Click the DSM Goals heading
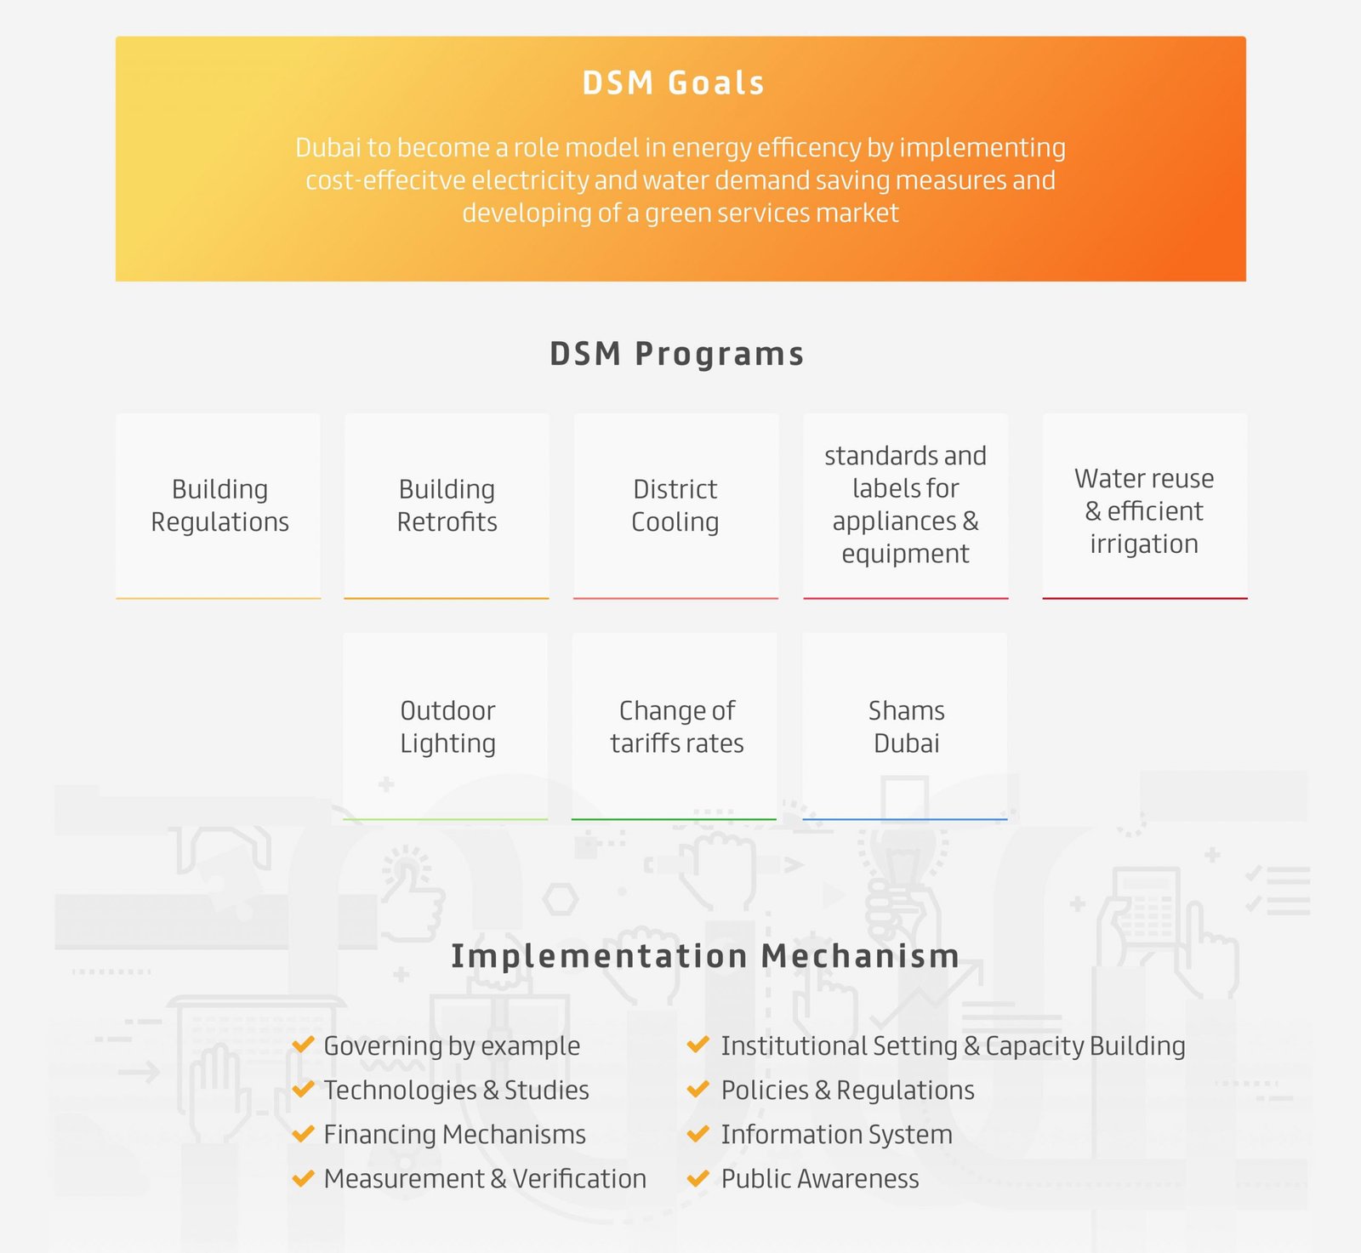tap(674, 83)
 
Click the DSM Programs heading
tap(677, 354)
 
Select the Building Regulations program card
tap(219, 506)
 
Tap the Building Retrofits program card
tap(447, 506)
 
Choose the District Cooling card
tap(676, 506)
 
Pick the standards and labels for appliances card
tap(906, 506)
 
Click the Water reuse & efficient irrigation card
tap(1145, 506)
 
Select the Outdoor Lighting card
tap(446, 726)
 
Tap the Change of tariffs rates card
tap(675, 726)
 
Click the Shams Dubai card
tap(905, 726)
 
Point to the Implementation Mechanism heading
tap(705, 956)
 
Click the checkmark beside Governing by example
tap(303, 1045)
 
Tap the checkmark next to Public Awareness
tap(698, 1178)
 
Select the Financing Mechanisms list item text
tap(455, 1135)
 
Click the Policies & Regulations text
tap(848, 1091)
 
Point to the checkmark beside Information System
tap(698, 1134)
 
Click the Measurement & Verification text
tap(485, 1179)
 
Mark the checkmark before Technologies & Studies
tap(303, 1090)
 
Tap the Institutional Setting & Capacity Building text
tap(954, 1046)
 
